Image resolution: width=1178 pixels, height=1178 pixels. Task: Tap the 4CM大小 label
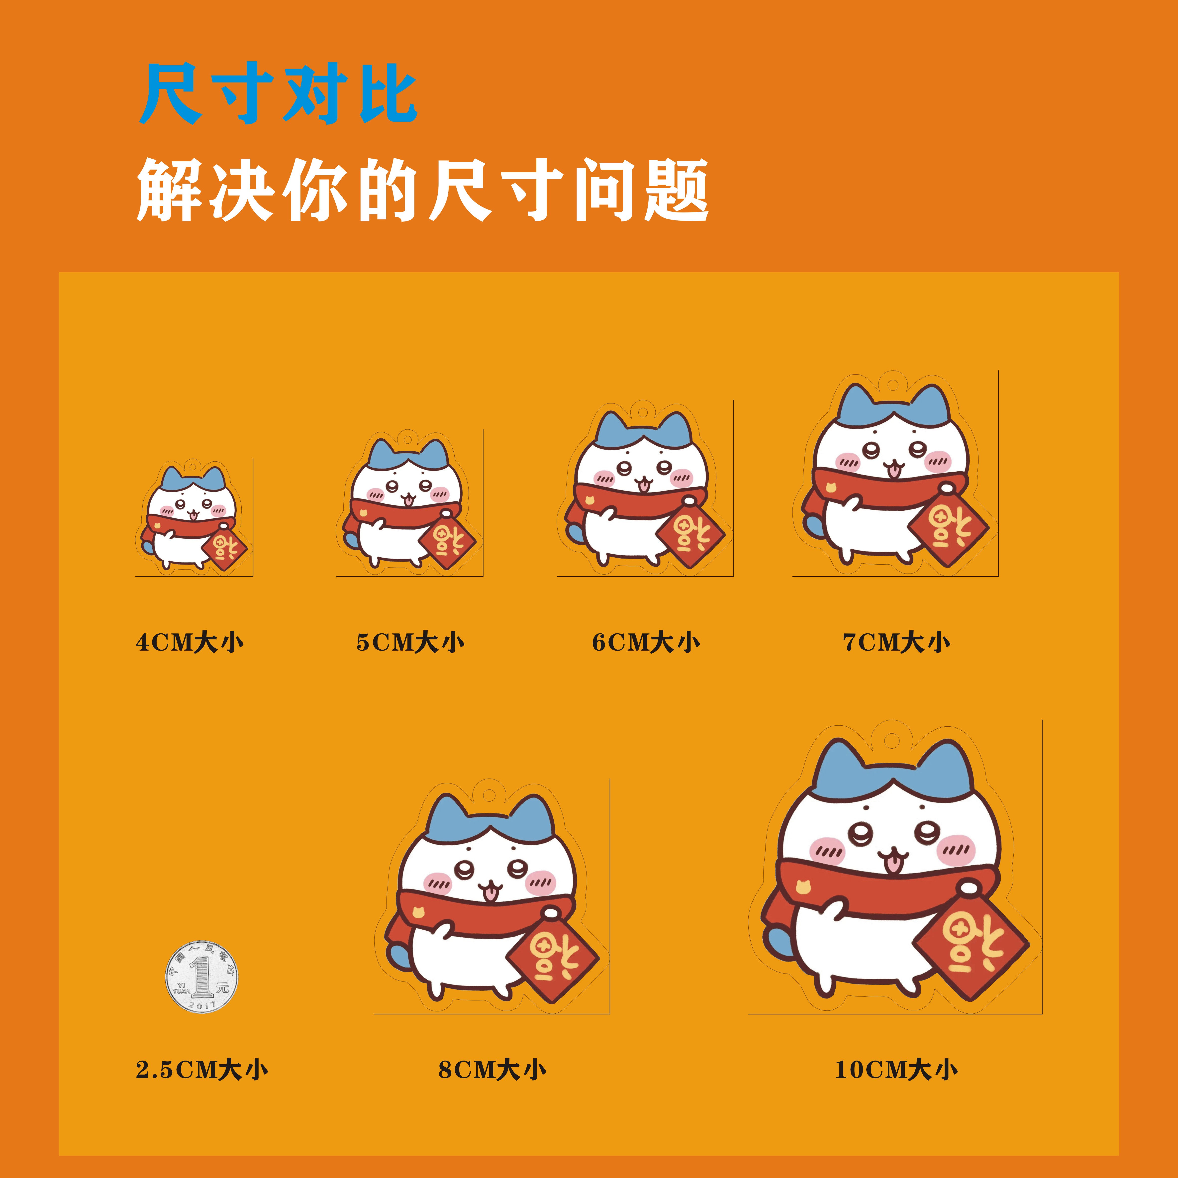click(x=190, y=643)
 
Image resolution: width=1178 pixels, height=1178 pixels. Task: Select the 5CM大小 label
click(x=410, y=643)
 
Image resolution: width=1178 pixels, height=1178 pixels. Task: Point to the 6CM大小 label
click(x=646, y=643)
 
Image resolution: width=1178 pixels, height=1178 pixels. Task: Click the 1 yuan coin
click(x=202, y=977)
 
